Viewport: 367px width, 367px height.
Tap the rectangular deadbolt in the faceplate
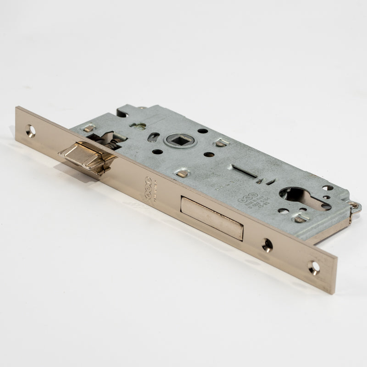point(211,218)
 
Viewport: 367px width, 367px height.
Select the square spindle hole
point(180,139)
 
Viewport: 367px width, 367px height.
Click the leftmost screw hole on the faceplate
point(31,131)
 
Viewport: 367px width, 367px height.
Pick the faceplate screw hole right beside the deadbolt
point(267,245)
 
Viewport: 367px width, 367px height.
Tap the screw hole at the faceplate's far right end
point(314,267)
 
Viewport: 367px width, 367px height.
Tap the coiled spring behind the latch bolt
point(113,143)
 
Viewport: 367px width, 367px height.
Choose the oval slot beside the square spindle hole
point(154,137)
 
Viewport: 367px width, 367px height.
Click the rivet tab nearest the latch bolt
point(89,128)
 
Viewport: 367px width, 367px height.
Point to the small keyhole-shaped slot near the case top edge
point(138,125)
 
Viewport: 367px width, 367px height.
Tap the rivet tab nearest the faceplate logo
point(182,173)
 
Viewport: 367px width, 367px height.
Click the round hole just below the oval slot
point(157,151)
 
